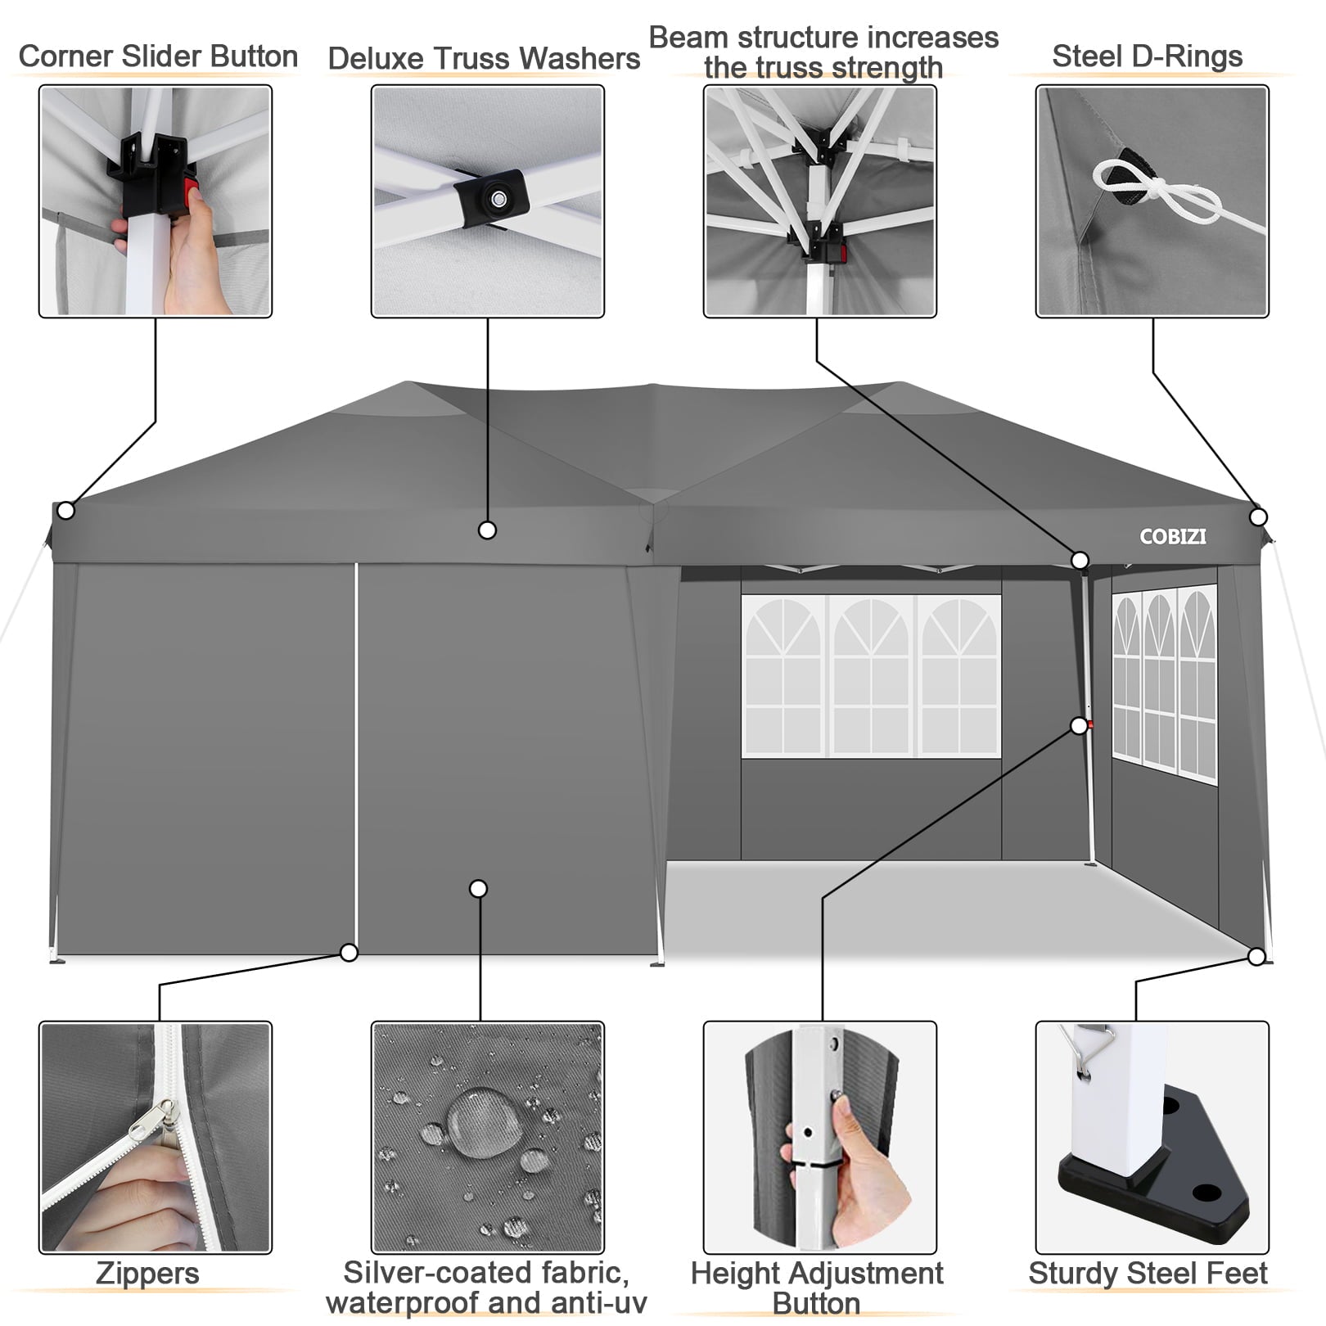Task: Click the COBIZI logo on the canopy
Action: [1172, 537]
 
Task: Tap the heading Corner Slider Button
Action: [158, 56]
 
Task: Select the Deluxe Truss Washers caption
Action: [484, 59]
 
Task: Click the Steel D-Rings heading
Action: [1147, 56]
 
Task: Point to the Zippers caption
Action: [147, 1274]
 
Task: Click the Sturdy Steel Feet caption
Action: [1148, 1274]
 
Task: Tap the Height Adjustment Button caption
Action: [817, 1288]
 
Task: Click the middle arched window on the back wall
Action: [872, 675]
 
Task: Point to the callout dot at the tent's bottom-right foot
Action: [1256, 956]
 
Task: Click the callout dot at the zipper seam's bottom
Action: [349, 953]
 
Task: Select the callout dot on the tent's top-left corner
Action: [66, 511]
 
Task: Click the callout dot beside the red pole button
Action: [1079, 726]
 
